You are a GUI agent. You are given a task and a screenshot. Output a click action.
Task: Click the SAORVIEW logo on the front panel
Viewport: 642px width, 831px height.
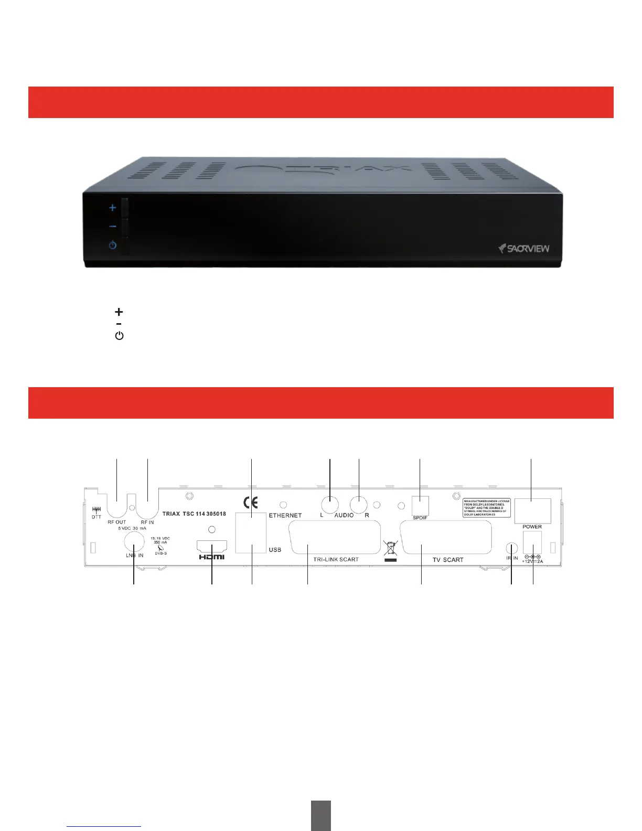tap(524, 248)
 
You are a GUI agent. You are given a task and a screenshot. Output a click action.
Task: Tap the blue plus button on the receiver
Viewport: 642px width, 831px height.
tap(113, 208)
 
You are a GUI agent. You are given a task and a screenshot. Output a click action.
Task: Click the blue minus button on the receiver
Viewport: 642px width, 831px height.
tap(113, 227)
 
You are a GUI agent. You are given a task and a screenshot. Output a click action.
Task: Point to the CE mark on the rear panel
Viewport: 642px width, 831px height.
tap(252, 503)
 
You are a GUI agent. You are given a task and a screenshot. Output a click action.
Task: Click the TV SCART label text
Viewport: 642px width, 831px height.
tap(448, 560)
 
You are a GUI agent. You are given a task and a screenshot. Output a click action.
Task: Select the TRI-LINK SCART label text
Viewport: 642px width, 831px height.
tap(336, 559)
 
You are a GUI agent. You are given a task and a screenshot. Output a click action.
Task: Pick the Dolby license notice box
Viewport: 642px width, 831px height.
tap(487, 508)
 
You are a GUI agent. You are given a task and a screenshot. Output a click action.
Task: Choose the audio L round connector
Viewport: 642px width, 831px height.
tap(329, 505)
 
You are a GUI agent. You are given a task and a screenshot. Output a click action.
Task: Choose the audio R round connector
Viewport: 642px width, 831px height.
tap(359, 505)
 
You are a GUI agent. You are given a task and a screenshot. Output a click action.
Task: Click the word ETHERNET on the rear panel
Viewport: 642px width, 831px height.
tap(285, 516)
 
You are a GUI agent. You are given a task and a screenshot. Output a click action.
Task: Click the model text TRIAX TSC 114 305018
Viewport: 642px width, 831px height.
tap(194, 514)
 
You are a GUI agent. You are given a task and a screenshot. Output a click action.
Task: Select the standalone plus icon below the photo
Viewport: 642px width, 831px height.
tap(119, 312)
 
